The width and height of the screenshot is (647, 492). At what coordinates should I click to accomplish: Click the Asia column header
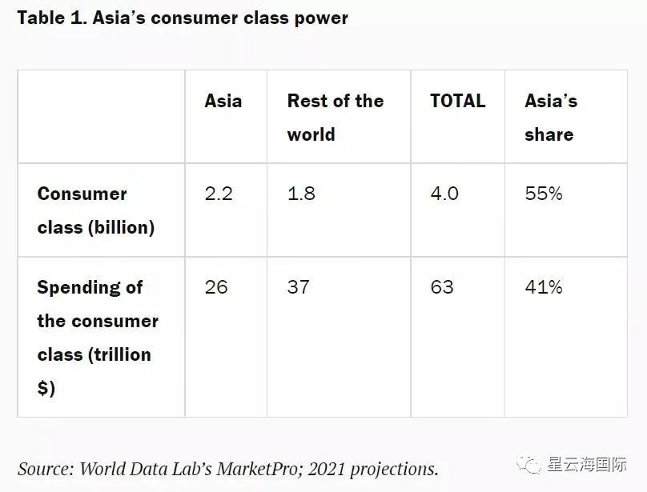223,101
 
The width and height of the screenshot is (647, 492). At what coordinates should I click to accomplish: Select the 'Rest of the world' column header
335,117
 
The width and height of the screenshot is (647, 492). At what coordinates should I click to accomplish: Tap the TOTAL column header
457,101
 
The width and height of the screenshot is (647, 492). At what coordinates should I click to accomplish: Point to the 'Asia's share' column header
550,117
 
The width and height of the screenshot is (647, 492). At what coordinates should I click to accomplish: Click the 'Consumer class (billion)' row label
95,210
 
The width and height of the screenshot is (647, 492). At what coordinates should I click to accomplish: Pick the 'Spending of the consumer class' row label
97,337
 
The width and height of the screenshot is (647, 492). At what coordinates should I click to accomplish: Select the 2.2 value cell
219,194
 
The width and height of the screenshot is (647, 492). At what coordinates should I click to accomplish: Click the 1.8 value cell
301,194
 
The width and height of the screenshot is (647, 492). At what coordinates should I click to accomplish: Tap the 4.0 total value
444,194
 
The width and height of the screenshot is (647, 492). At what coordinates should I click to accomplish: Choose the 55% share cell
544,194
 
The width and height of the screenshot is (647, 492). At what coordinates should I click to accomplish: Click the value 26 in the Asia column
216,286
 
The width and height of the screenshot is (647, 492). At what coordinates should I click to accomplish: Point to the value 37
298,286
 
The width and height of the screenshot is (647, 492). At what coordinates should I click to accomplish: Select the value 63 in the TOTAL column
442,286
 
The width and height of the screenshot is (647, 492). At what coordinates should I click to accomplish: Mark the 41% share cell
544,286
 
